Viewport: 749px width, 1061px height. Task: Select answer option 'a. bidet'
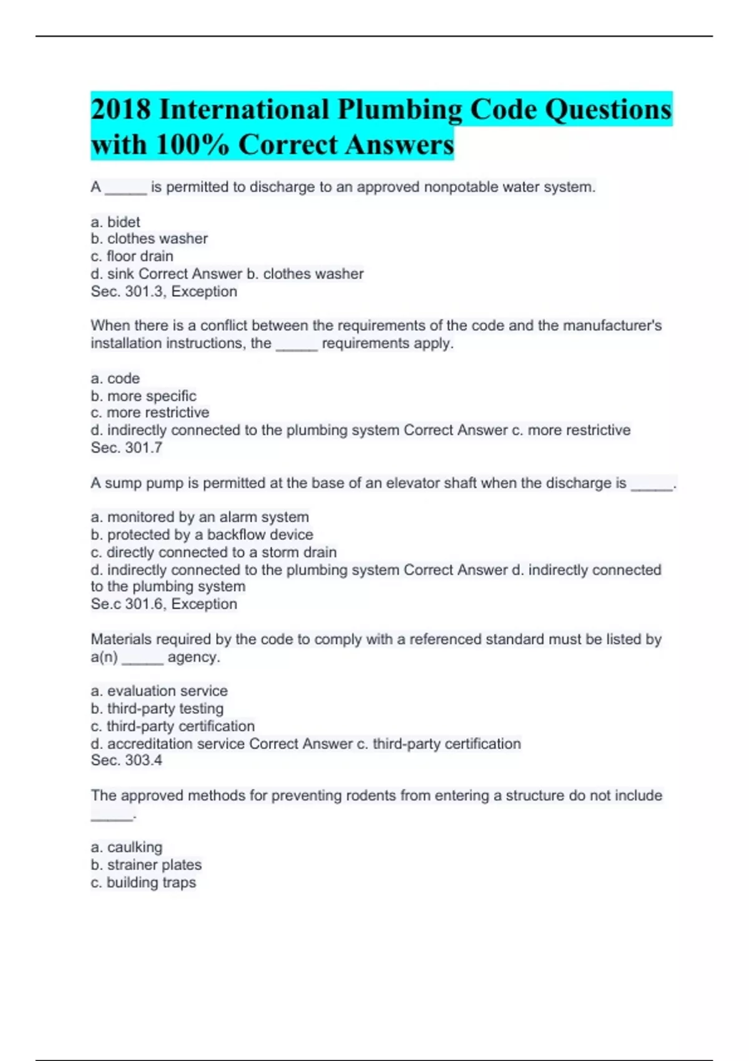(115, 222)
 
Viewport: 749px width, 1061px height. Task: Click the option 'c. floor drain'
(132, 257)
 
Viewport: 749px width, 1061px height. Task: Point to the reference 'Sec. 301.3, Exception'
(164, 291)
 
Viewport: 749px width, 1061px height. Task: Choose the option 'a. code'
(115, 379)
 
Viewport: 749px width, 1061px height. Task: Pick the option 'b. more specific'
(144, 396)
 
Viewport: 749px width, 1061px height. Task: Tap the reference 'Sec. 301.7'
(127, 448)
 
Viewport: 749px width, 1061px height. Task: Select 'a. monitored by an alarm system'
(200, 517)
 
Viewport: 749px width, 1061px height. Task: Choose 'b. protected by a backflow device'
(202, 535)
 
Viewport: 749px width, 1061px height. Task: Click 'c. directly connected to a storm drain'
(213, 553)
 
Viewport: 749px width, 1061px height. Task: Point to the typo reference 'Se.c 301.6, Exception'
(164, 604)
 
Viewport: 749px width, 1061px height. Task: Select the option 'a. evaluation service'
(159, 691)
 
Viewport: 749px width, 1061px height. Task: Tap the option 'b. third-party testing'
(157, 709)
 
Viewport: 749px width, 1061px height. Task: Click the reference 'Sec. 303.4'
(127, 760)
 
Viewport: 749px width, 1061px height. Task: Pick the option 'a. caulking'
(127, 848)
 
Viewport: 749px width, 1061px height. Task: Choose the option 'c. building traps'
(144, 883)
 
